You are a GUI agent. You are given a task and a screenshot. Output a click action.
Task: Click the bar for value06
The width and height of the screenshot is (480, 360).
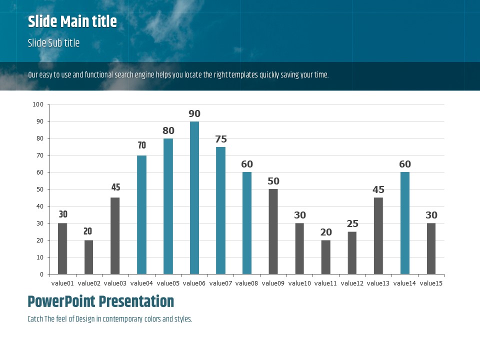[194, 197]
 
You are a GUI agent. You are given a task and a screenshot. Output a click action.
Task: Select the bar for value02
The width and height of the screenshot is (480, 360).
[88, 257]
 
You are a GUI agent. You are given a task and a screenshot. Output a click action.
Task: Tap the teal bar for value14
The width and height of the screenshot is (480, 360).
[405, 223]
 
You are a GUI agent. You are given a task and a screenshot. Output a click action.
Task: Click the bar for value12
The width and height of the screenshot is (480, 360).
[352, 252]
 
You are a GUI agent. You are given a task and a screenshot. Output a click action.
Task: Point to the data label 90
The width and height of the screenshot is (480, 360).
[194, 114]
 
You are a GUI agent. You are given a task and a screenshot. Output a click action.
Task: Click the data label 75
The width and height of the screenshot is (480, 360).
[221, 139]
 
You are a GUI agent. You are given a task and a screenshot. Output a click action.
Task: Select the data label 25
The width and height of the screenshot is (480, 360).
[352, 224]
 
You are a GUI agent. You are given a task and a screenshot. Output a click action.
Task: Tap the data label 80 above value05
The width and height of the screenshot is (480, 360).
[168, 131]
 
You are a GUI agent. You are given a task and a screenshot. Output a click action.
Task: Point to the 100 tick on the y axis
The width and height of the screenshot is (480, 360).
[38, 104]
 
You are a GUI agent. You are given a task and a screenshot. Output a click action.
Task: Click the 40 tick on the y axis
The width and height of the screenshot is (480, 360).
[39, 206]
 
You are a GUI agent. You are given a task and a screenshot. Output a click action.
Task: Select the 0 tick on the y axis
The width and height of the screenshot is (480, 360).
[41, 274]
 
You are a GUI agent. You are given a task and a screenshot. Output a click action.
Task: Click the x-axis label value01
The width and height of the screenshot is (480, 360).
[62, 283]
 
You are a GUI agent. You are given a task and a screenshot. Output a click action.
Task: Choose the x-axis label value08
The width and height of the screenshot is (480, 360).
[247, 283]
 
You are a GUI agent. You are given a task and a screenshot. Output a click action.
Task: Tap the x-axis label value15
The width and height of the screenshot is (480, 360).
[431, 283]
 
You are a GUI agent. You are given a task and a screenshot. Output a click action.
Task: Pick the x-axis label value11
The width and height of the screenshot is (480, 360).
[326, 283]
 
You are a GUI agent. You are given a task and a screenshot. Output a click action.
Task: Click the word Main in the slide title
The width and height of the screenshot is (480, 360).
[75, 22]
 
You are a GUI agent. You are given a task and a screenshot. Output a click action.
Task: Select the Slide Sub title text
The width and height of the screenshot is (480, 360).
[53, 43]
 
